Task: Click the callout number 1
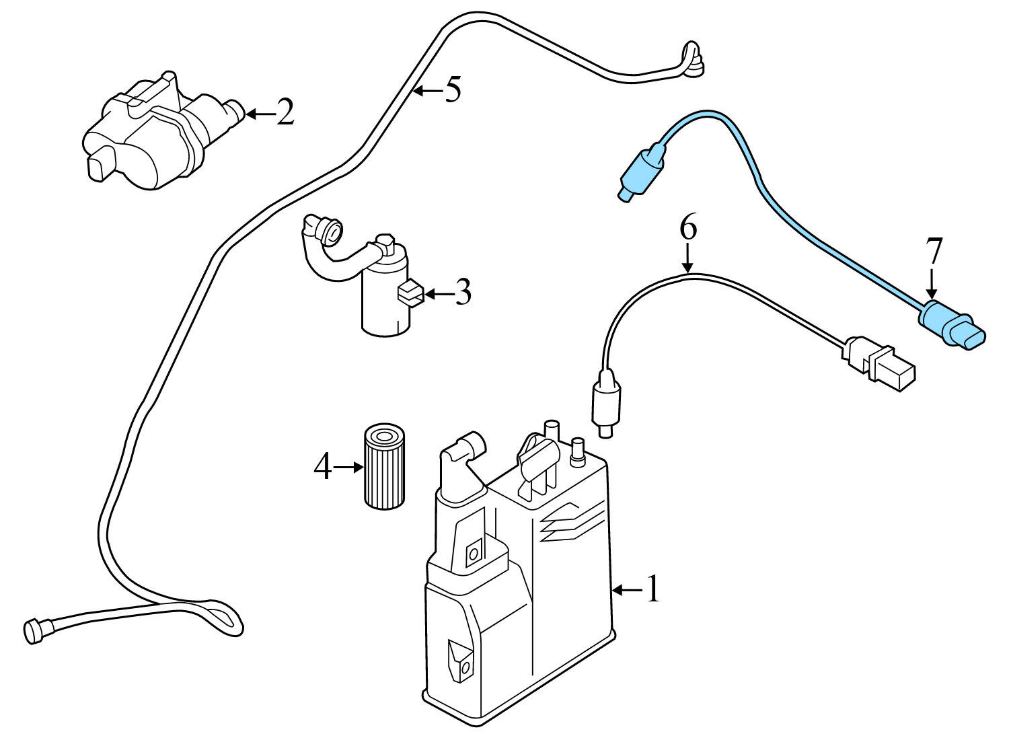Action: pos(653,589)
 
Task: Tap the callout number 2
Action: pos(285,113)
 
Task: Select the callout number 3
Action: pos(462,293)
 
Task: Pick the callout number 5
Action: pos(453,89)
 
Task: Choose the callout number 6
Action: pos(688,229)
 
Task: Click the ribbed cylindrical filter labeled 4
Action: pos(385,466)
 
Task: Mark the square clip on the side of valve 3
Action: pos(410,293)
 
